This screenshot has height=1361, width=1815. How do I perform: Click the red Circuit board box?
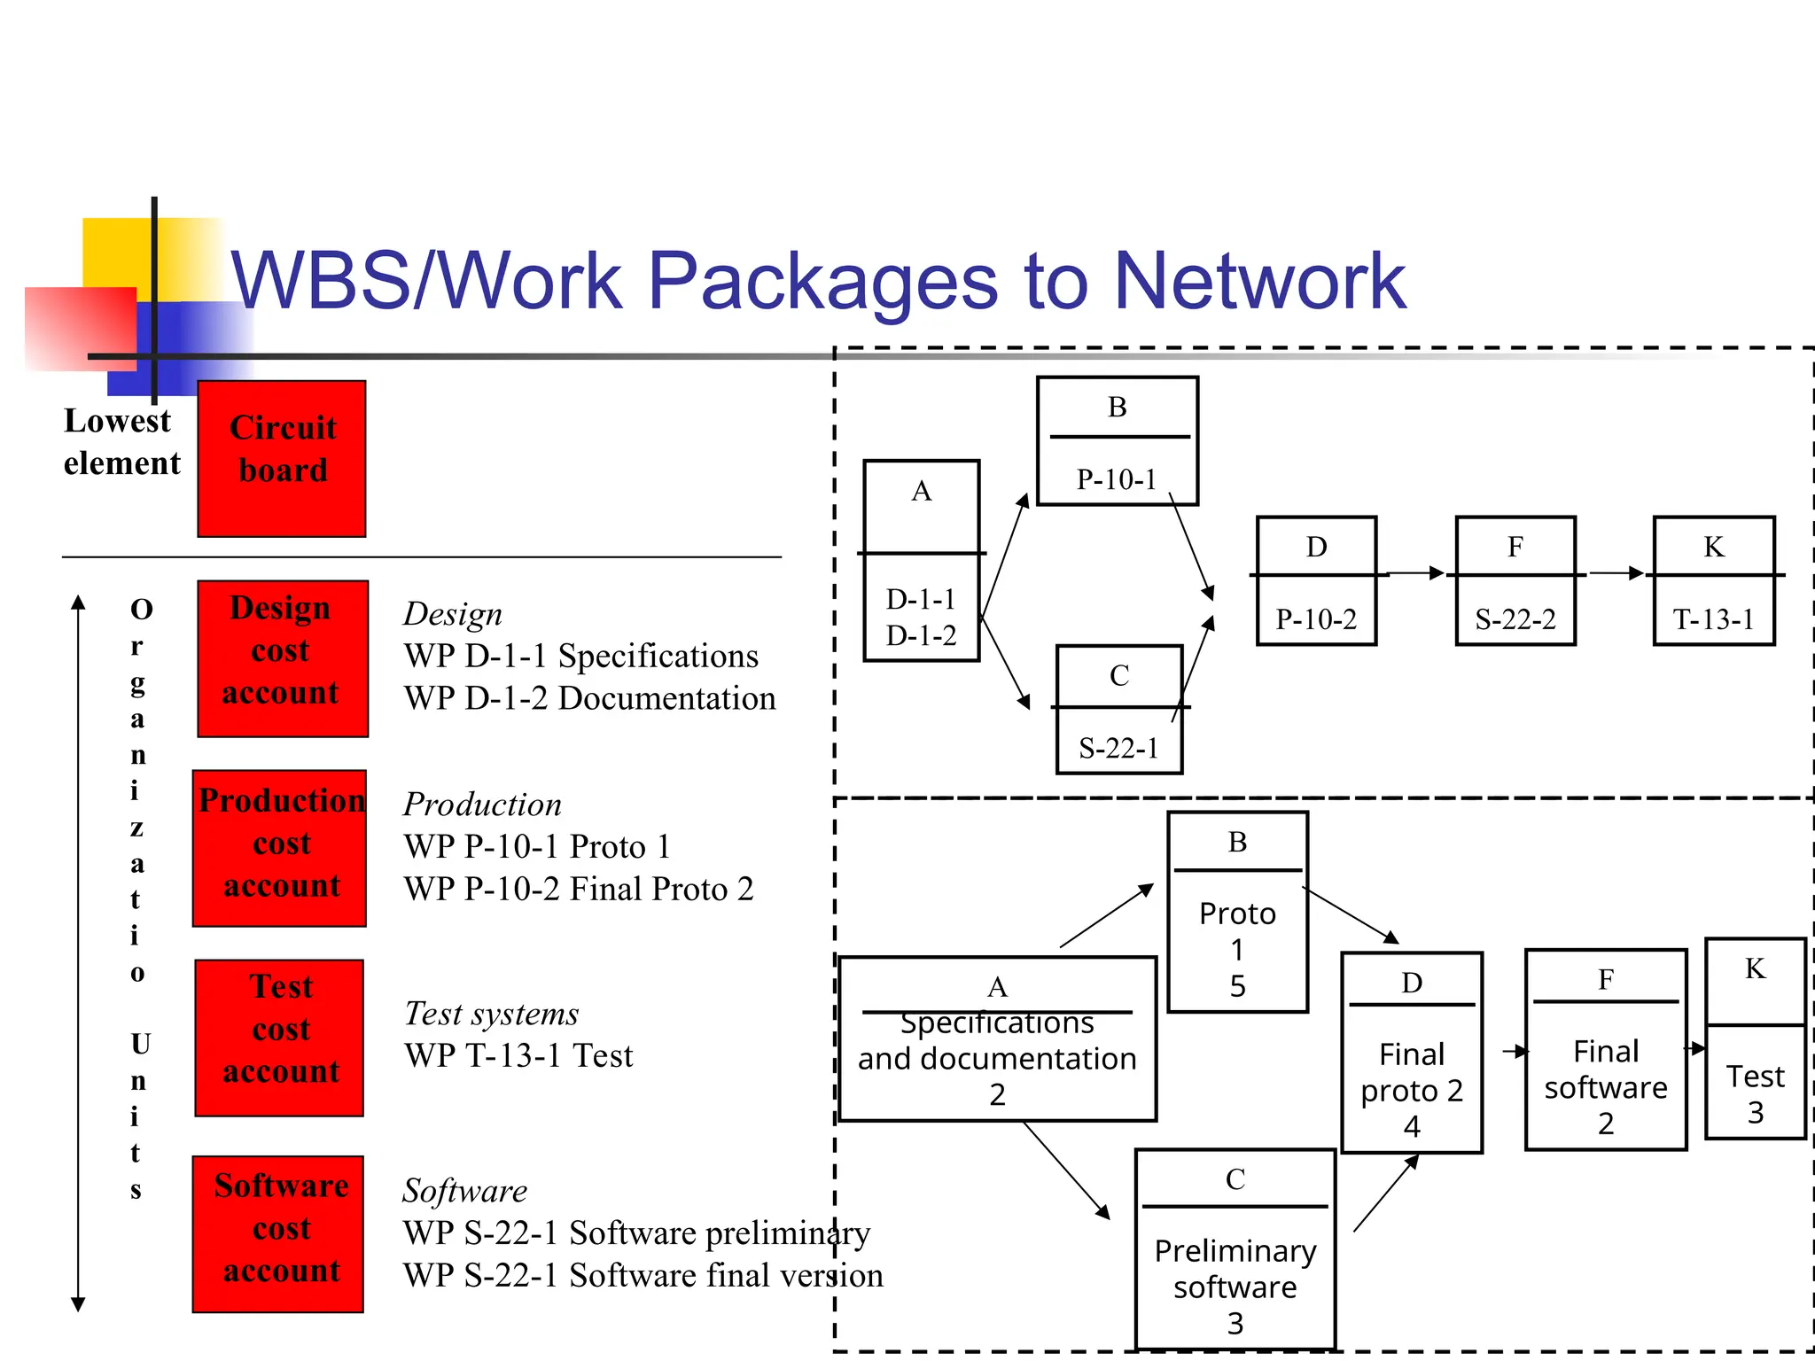(x=282, y=458)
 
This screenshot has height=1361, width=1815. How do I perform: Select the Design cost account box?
(x=282, y=658)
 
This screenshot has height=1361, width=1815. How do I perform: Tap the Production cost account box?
(x=280, y=848)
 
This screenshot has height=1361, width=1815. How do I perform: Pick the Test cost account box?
(x=279, y=1038)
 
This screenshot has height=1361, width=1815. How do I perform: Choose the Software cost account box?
(x=278, y=1233)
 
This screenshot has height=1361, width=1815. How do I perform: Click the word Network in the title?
(x=1258, y=281)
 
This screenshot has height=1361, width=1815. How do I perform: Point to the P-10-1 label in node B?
(x=1117, y=479)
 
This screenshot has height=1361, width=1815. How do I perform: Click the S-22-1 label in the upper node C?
(x=1118, y=749)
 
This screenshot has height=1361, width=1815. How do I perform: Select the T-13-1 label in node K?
(x=1713, y=618)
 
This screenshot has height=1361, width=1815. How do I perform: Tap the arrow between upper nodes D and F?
(x=1416, y=573)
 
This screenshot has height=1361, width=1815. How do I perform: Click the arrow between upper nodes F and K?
(x=1616, y=573)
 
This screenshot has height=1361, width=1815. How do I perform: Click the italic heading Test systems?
(x=491, y=1013)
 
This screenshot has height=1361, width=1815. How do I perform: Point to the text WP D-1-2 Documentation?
(x=589, y=698)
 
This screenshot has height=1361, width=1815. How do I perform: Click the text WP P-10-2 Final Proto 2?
(x=578, y=889)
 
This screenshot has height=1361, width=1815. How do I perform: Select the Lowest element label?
(x=121, y=442)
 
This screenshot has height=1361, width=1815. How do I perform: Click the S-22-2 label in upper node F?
(x=1515, y=618)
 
